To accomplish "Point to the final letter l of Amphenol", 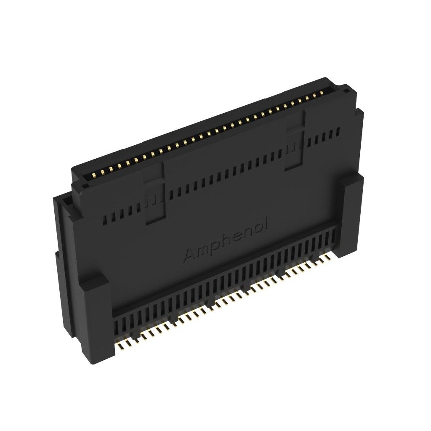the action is [x=267, y=221].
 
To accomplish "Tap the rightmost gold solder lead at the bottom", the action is [x=328, y=256].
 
